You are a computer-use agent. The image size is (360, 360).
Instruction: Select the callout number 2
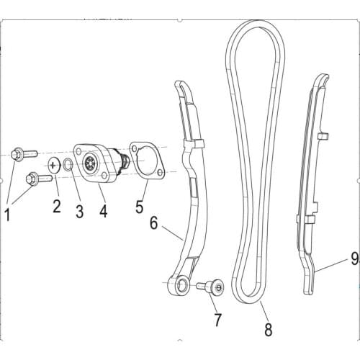pos(57,208)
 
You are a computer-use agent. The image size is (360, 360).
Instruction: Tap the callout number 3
pos(79,212)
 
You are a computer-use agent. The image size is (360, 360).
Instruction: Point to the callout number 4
pos(103,212)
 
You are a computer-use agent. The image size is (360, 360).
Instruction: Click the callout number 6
pos(153,224)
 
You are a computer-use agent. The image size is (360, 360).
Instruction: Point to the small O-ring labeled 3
pos(67,165)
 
